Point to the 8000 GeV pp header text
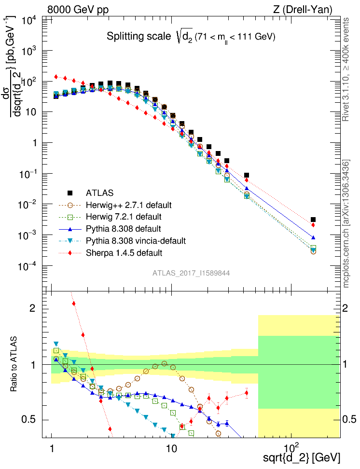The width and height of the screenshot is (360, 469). point(78,9)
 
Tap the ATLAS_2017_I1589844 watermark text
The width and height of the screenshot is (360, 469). point(191,273)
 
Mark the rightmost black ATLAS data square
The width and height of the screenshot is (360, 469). point(313,220)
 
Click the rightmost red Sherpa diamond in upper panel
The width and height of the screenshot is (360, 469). point(313,225)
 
